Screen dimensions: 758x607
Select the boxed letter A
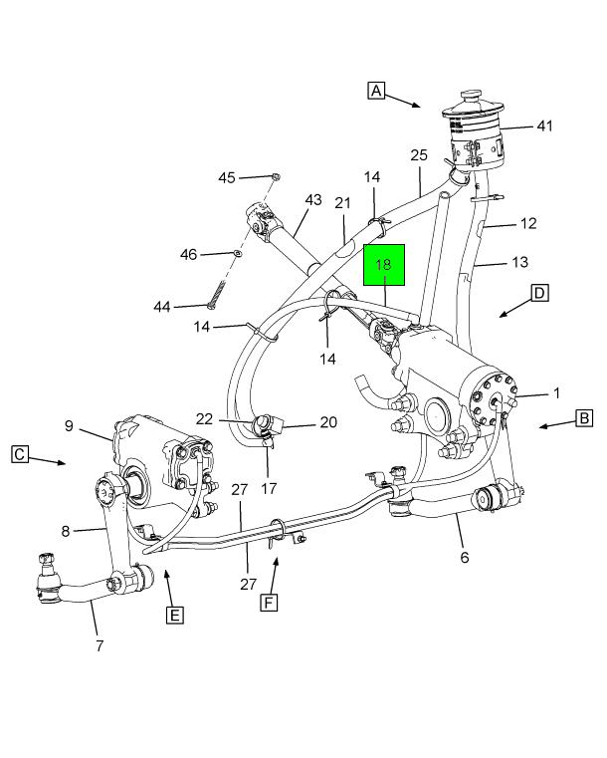(376, 91)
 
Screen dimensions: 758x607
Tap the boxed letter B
(584, 418)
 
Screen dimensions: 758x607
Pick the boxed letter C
(20, 454)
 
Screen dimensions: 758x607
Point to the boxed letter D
(538, 293)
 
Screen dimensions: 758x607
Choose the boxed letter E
(174, 615)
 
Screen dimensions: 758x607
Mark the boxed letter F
(268, 602)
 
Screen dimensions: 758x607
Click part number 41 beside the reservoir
(544, 126)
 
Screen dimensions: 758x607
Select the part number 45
(227, 177)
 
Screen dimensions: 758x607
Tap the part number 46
(188, 255)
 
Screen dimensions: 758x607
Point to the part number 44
(162, 307)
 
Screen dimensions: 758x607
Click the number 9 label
(70, 426)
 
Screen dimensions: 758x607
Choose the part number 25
(419, 155)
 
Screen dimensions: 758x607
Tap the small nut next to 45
(276, 177)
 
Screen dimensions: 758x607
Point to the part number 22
(204, 419)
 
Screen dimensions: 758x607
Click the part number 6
(464, 557)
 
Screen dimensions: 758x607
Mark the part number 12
(528, 223)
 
